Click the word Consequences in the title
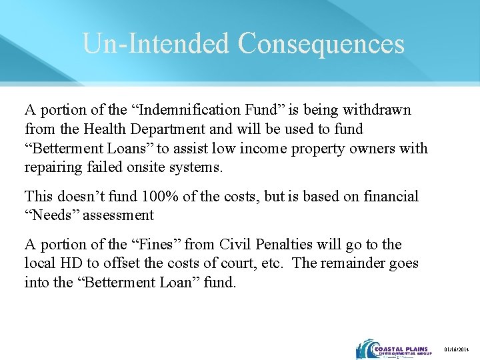[321, 43]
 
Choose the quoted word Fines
[154, 245]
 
